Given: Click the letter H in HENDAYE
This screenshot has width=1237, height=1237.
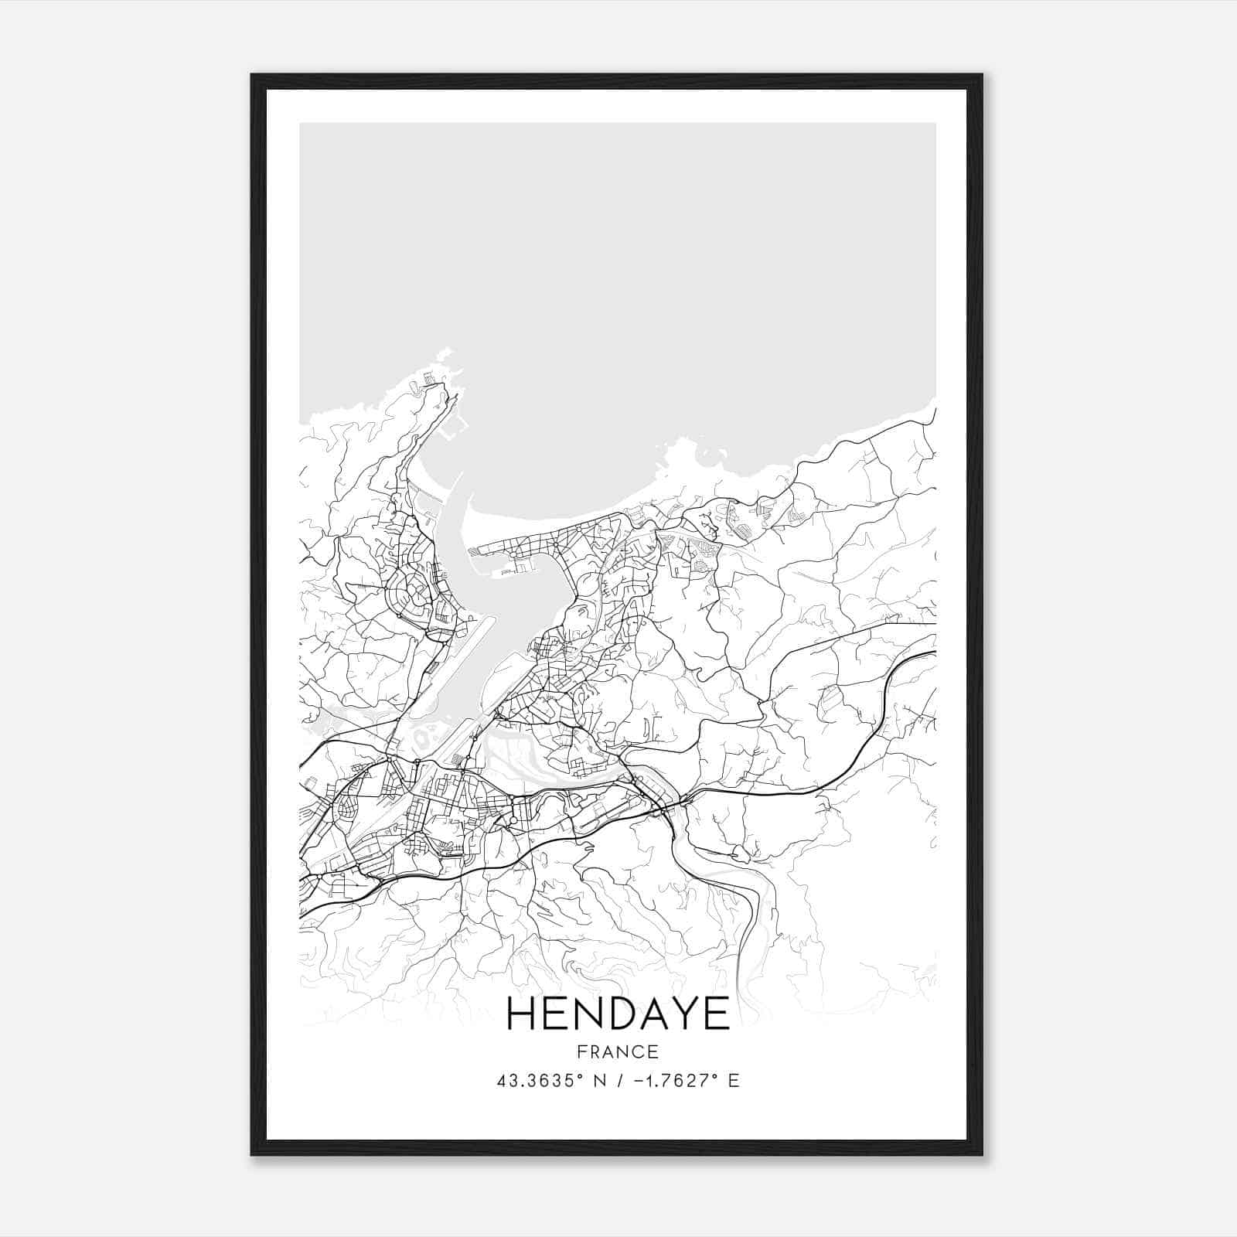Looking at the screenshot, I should (524, 1014).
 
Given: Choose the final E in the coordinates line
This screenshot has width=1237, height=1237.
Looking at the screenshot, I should (734, 1081).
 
